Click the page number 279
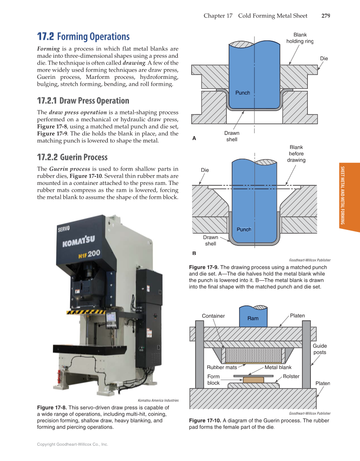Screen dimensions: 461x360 pos(325,16)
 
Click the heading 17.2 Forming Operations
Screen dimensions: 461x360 pos(83,36)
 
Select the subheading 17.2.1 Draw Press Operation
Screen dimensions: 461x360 pos(83,101)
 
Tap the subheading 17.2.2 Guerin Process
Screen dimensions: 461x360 pos(72,157)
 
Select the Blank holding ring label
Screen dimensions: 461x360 pos(300,38)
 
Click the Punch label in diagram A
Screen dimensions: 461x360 pos(243,93)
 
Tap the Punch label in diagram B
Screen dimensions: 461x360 pos(244,229)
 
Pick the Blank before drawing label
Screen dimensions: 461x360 pos(296,154)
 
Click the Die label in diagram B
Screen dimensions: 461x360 pos(205,170)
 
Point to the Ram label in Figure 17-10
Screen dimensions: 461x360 pos(253,318)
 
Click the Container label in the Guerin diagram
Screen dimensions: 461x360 pos(213,316)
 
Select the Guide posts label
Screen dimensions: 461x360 pos(320,349)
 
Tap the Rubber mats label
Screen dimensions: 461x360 pos(222,367)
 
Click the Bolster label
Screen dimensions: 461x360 pos(291,376)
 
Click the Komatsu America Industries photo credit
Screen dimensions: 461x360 pos(158,400)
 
